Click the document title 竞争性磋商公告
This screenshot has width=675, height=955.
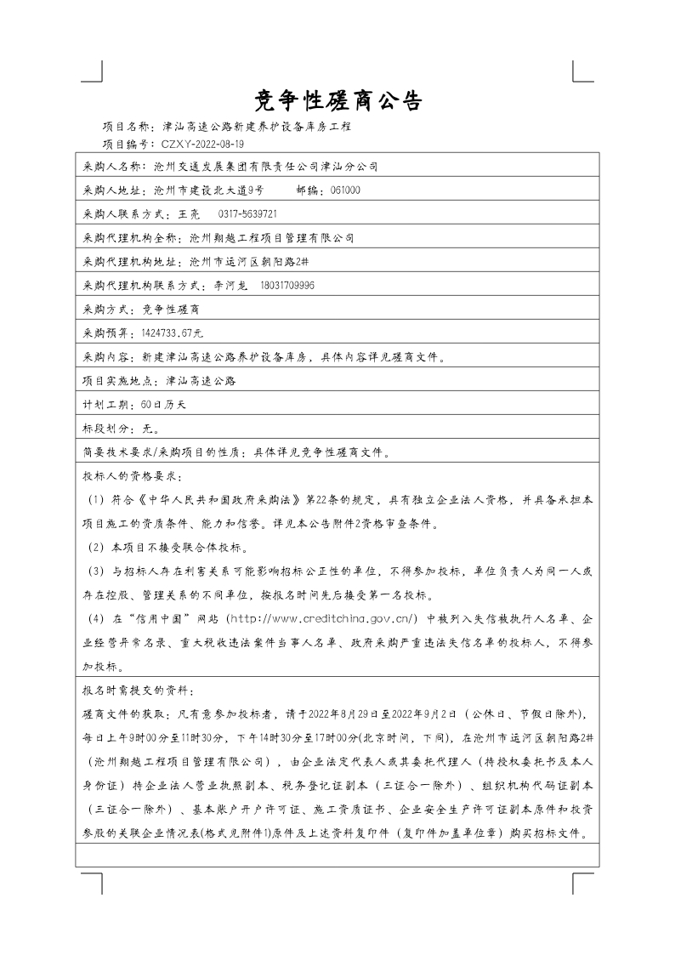click(x=338, y=101)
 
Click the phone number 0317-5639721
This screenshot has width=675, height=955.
click(x=248, y=213)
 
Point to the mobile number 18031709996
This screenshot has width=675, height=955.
click(x=287, y=285)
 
